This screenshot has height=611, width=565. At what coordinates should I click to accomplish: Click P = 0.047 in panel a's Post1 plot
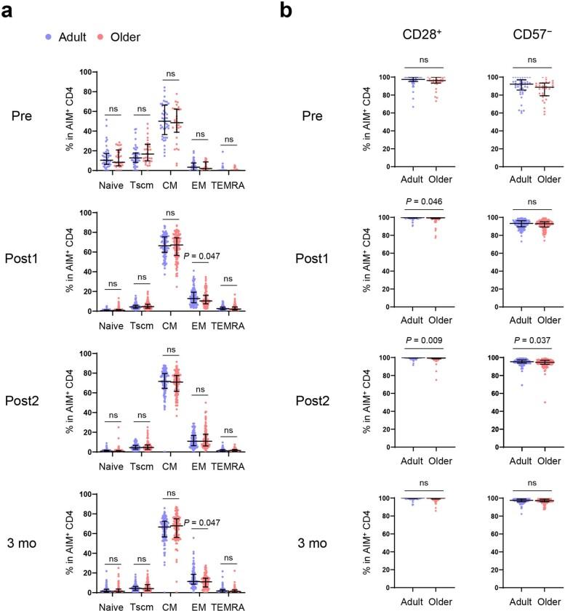point(204,256)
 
